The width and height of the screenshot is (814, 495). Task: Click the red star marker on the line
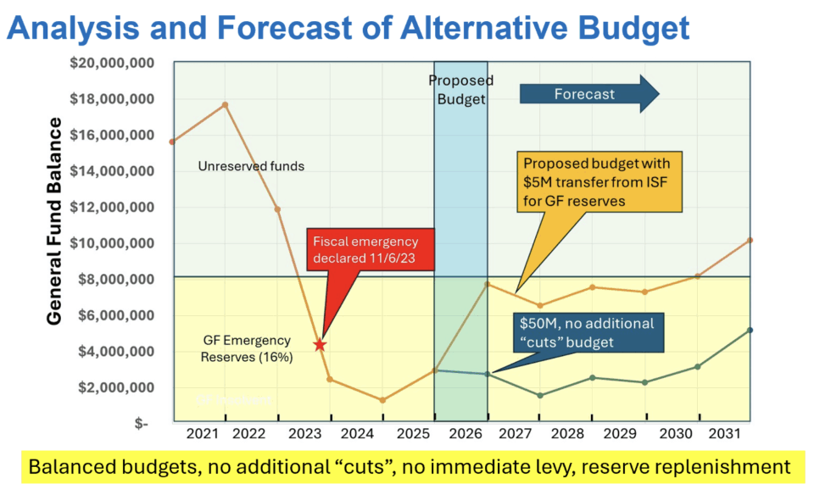click(x=319, y=345)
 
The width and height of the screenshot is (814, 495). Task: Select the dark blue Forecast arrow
click(x=589, y=94)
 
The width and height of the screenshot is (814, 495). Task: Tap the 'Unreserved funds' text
click(x=251, y=166)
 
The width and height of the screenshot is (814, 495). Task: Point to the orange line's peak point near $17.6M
click(x=225, y=104)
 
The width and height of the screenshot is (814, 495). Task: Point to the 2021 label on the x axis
click(x=202, y=435)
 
